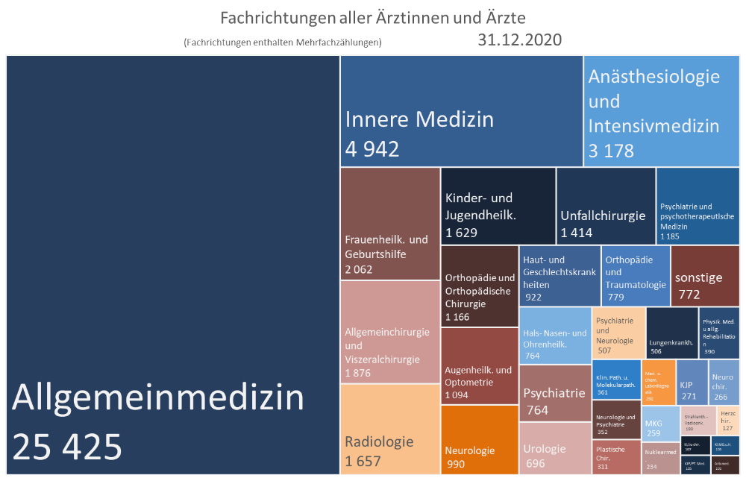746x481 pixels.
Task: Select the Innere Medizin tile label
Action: [419, 119]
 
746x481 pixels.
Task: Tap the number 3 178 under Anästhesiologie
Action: [611, 151]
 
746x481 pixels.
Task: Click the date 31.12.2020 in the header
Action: [519, 40]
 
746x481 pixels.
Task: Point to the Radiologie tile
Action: [389, 433]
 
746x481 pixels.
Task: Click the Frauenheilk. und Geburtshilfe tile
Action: [389, 224]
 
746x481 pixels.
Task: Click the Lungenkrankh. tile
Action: [671, 333]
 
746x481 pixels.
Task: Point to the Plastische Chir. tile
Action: [616, 457]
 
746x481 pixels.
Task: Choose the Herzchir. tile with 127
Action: [729, 421]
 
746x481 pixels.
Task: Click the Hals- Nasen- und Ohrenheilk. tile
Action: [554, 335]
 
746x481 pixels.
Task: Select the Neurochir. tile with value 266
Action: [724, 380]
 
